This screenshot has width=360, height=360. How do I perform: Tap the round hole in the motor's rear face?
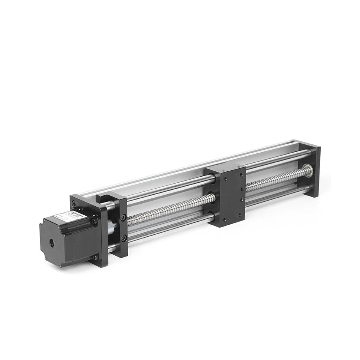(52, 243)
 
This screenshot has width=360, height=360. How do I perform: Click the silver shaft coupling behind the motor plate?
(111, 227)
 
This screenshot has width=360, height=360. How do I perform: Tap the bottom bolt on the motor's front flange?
(96, 257)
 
